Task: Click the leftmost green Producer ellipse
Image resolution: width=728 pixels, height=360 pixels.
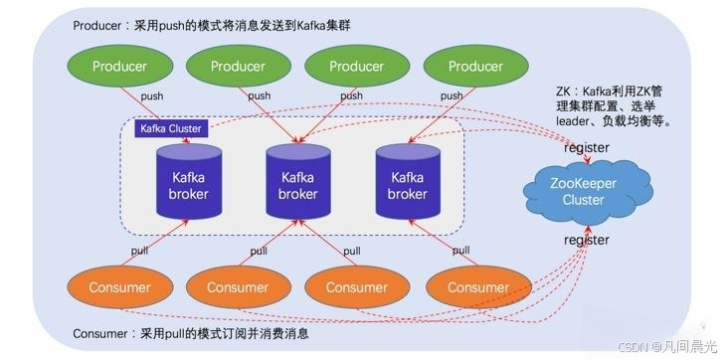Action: [x=119, y=66]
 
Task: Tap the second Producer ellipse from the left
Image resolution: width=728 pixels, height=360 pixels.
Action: [x=238, y=66]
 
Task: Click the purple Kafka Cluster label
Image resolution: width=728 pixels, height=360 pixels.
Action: [x=171, y=128]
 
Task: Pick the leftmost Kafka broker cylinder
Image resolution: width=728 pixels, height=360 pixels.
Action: [x=189, y=184]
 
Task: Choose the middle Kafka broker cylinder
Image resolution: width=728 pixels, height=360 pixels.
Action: [x=297, y=184]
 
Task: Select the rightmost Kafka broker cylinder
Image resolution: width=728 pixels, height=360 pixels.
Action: [x=407, y=184]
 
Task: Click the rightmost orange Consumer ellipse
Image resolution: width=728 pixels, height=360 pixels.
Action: [x=470, y=287]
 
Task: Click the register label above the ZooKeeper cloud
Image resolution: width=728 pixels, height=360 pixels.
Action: [x=587, y=148]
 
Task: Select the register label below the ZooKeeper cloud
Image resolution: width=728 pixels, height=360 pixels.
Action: [x=587, y=240]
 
